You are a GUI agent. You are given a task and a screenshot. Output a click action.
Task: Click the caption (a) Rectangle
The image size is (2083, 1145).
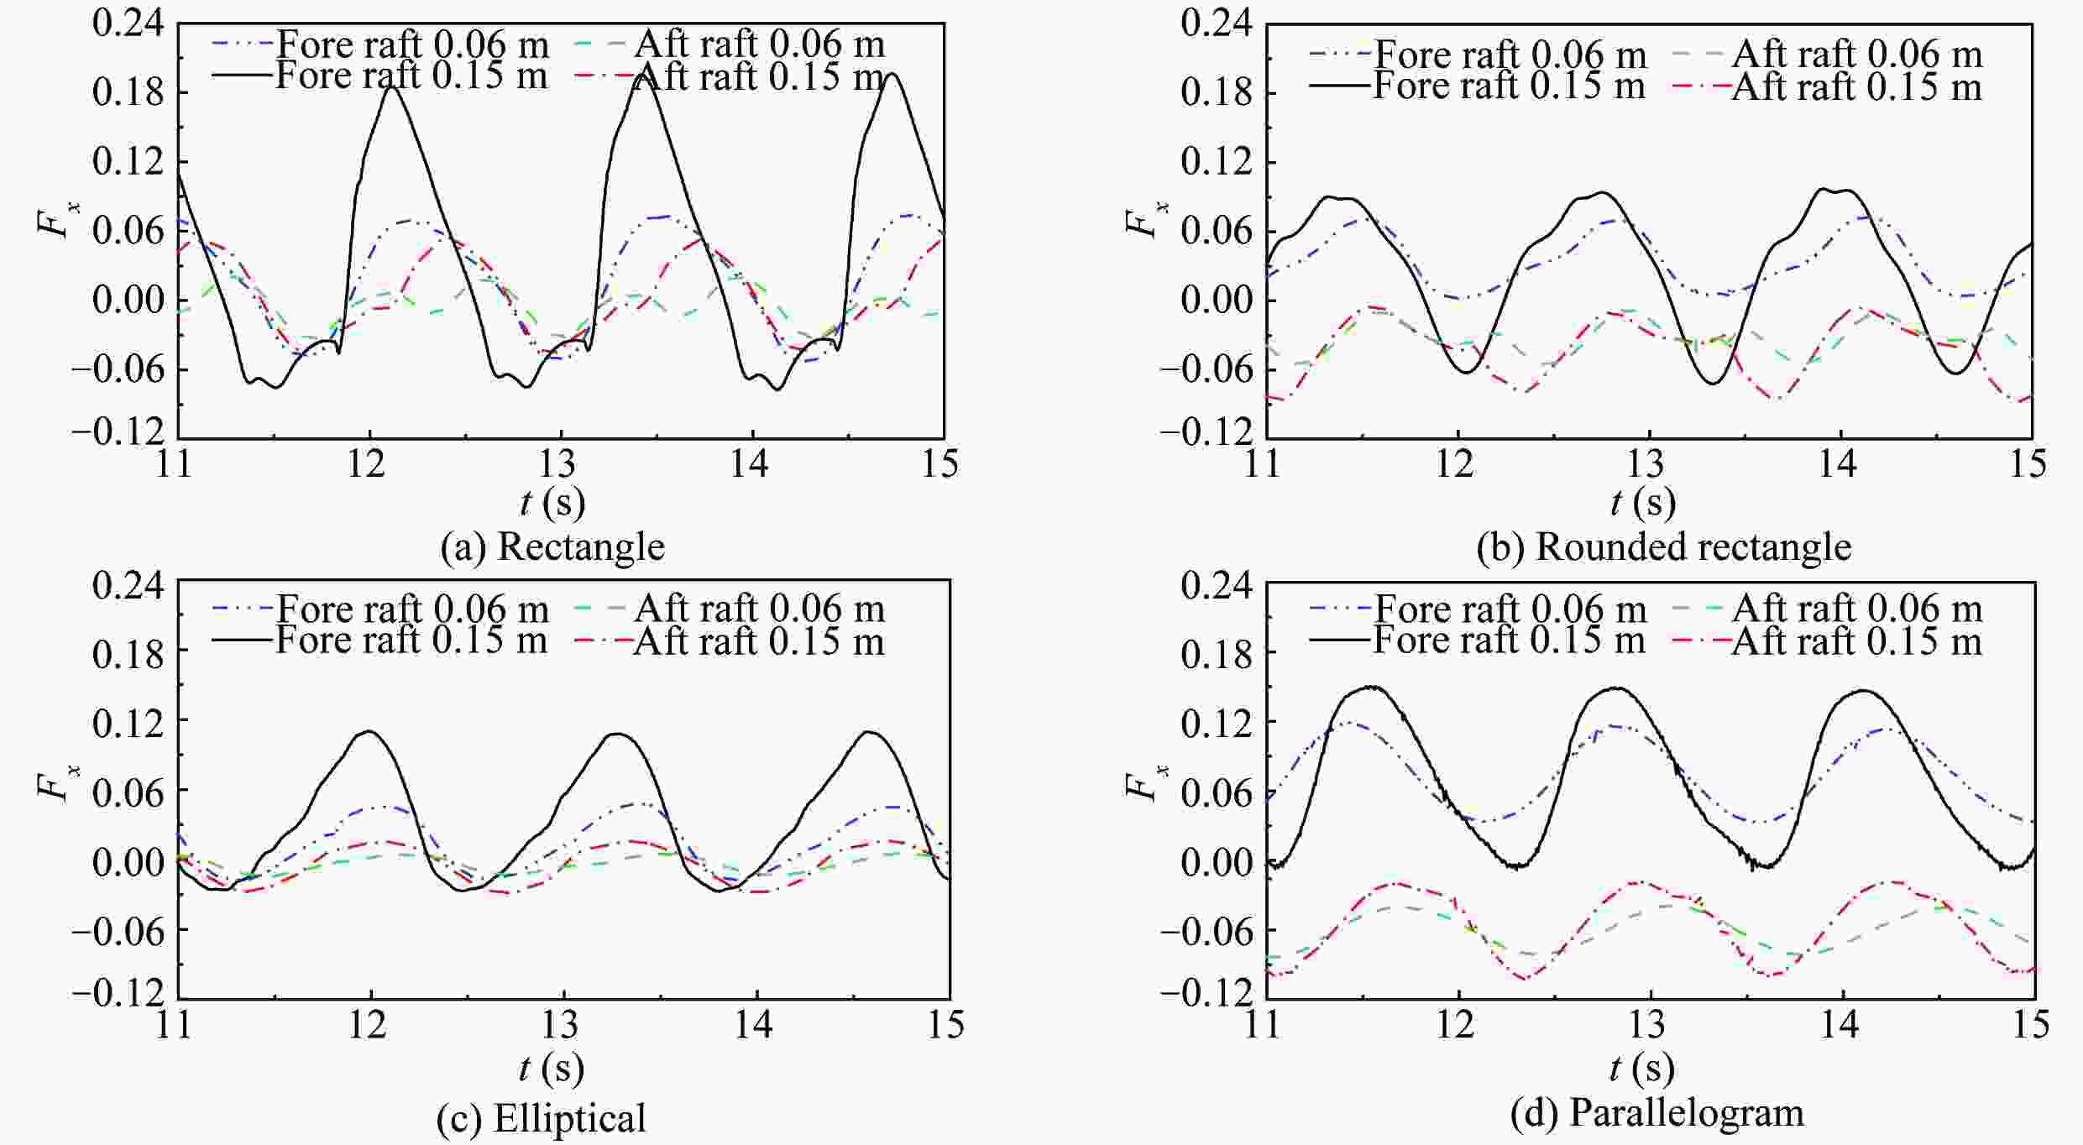(x=552, y=547)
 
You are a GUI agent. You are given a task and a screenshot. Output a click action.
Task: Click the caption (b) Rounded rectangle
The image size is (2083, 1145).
(x=1663, y=547)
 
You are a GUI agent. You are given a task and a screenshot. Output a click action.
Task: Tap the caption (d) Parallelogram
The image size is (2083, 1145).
(x=1656, y=1114)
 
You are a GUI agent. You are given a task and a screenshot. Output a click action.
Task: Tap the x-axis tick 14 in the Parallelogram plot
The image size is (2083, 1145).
(x=1839, y=1026)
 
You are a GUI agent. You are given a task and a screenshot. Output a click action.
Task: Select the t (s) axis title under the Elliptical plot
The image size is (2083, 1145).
(x=552, y=1069)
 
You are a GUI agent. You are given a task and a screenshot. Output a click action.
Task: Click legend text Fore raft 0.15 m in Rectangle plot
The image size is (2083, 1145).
(x=411, y=76)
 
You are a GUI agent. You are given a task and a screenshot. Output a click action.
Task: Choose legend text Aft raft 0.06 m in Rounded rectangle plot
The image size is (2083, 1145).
(x=1857, y=55)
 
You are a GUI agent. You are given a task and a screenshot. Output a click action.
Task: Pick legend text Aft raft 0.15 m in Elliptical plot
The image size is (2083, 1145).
(x=759, y=642)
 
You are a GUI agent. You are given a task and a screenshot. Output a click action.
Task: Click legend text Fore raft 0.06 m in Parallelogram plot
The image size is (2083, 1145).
(x=1510, y=609)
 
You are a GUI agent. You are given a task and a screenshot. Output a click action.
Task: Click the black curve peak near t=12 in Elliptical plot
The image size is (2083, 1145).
(x=369, y=731)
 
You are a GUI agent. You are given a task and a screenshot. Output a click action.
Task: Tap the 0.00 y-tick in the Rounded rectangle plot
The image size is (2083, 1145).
(x=1216, y=301)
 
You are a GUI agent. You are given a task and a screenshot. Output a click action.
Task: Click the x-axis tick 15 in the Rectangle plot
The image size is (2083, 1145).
(x=940, y=464)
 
